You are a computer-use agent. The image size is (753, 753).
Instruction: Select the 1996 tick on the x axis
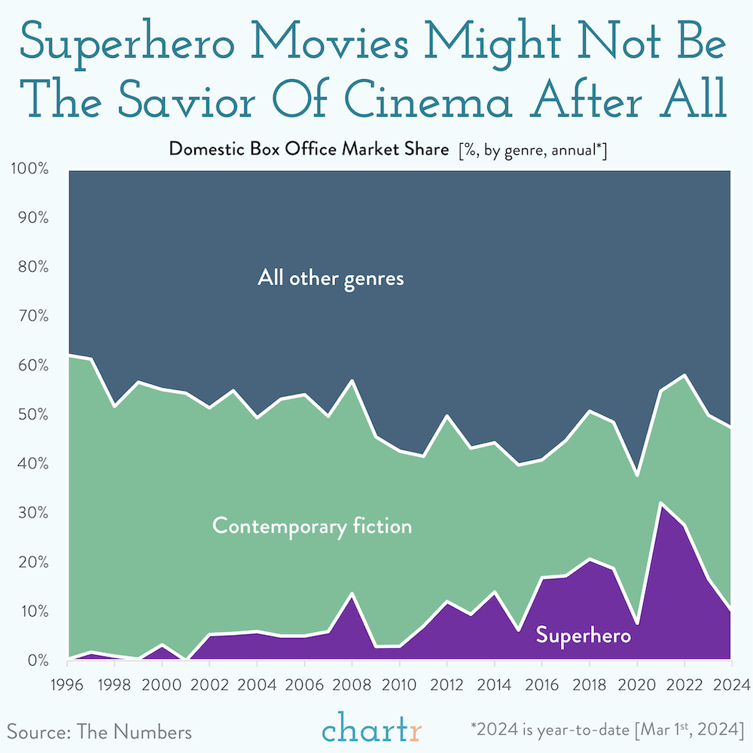tap(68, 685)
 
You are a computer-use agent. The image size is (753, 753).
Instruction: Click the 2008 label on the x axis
tap(352, 685)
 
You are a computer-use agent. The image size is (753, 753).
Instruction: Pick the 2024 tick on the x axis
tap(730, 685)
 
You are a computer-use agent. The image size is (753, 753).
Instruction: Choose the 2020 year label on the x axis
tap(636, 685)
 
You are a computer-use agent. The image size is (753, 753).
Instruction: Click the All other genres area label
tap(331, 279)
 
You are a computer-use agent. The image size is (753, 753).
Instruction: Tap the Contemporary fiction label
tap(312, 526)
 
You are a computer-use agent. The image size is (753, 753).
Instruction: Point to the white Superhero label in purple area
tap(583, 636)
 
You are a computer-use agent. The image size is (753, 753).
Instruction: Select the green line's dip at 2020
tap(636, 475)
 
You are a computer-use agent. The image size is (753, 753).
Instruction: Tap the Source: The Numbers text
tap(99, 731)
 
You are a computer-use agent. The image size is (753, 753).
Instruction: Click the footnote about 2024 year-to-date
tap(607, 730)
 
